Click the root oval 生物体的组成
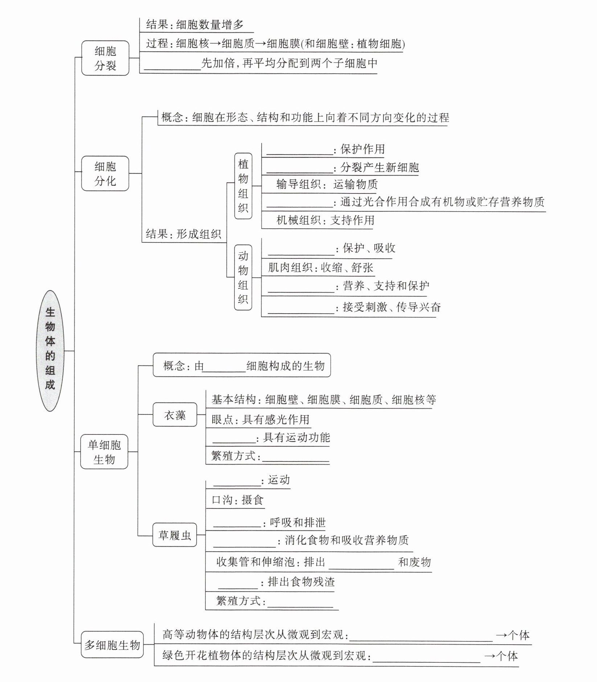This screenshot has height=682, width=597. [x=50, y=350]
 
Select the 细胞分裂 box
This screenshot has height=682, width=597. [x=105, y=58]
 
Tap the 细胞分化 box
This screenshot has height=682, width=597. [x=105, y=173]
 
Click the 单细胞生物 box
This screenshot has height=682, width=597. [x=104, y=452]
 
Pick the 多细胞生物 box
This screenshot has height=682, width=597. [x=112, y=645]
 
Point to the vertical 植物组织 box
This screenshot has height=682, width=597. [x=243, y=186]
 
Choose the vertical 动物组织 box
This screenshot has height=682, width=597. [x=243, y=278]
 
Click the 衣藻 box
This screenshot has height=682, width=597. [x=175, y=414]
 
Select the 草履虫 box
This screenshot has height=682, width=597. [x=175, y=535]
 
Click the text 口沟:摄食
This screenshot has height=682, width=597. [x=237, y=500]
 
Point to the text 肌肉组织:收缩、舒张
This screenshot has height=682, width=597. [x=320, y=268]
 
